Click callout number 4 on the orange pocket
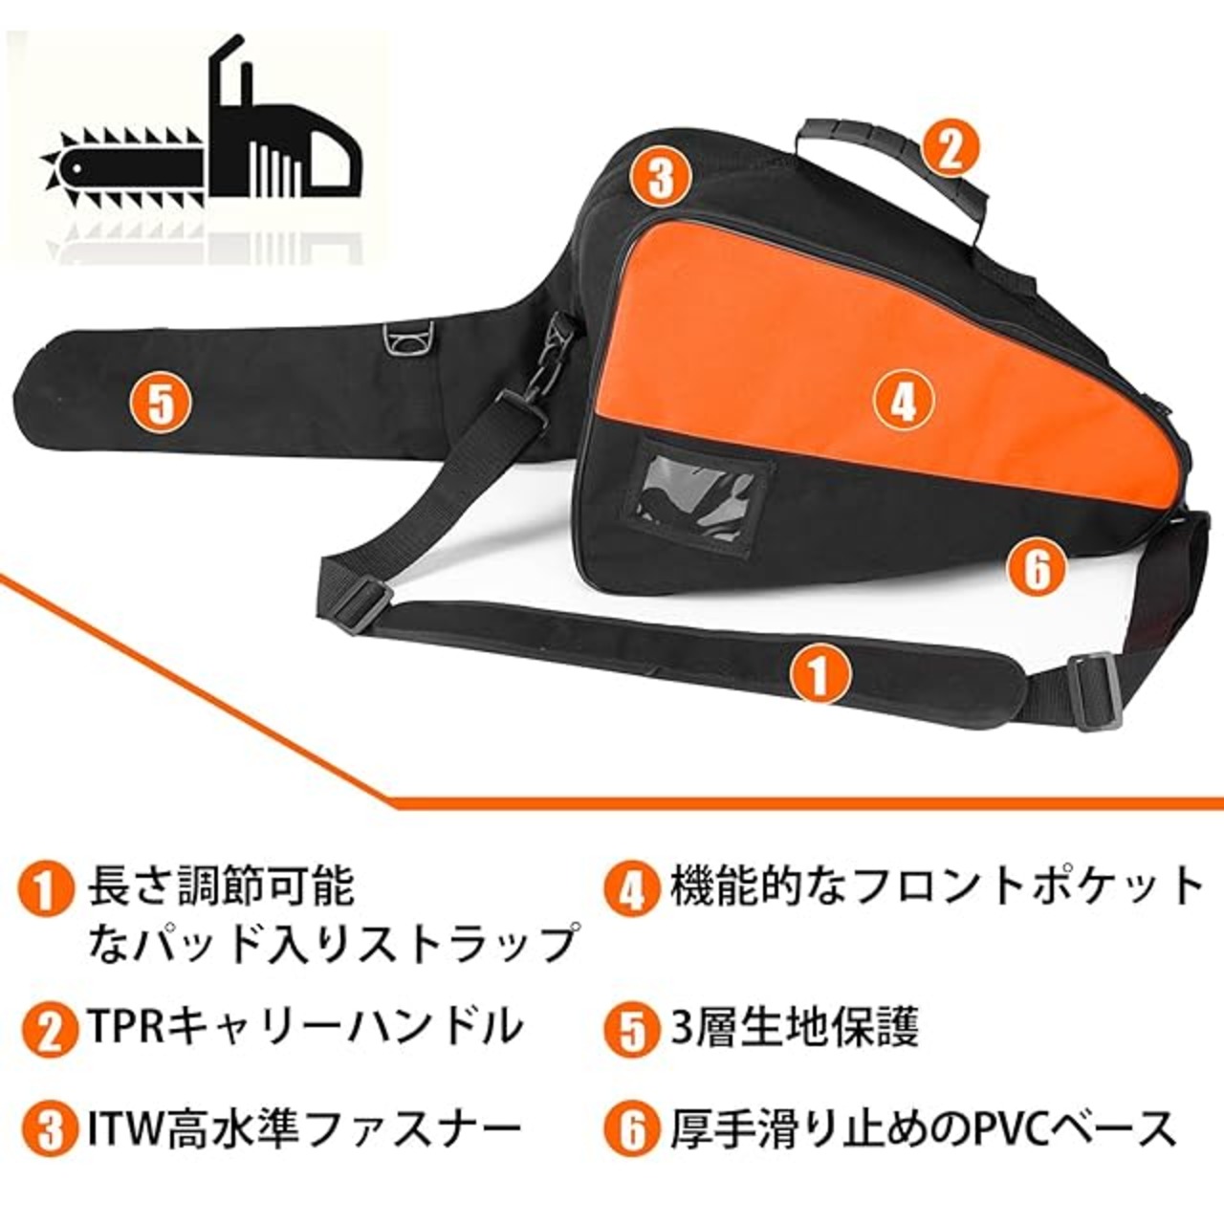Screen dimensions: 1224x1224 904,402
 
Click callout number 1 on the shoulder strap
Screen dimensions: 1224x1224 820,675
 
